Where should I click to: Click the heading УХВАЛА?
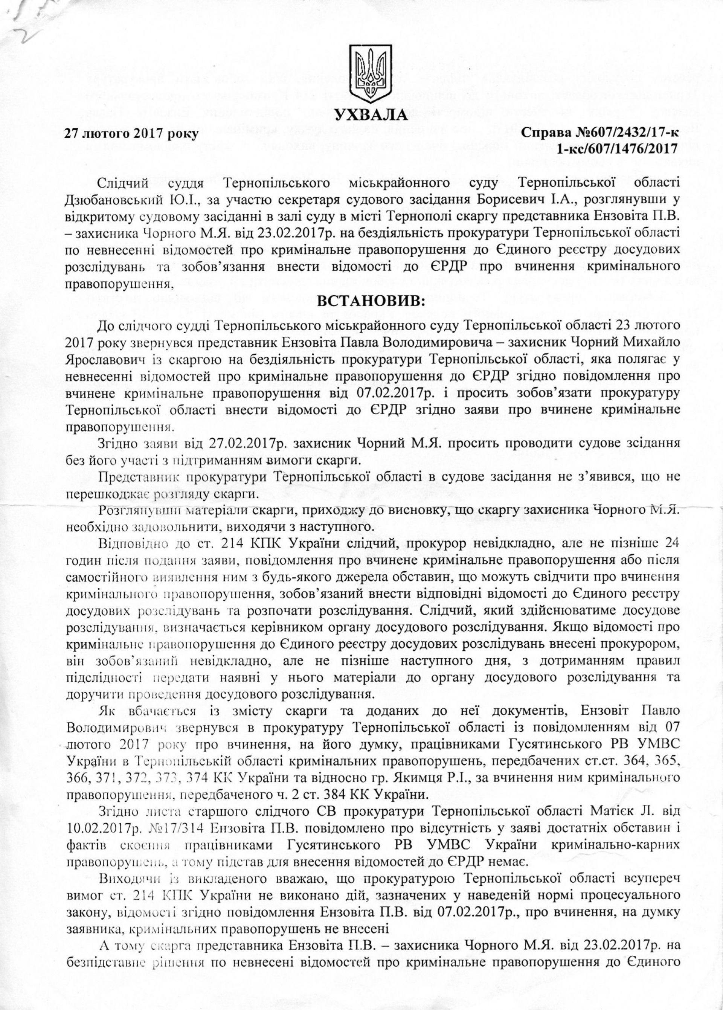(x=371, y=115)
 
